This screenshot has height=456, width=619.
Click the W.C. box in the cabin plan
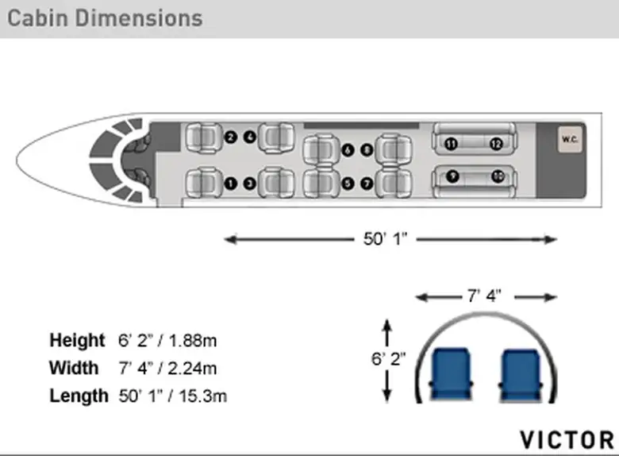pos(570,139)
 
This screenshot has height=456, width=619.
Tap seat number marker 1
pos(231,184)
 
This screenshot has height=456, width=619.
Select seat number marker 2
pos(231,137)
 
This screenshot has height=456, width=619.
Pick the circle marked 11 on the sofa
pos(452,144)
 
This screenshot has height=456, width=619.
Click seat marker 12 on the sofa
pos(497,144)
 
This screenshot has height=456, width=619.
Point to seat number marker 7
pos(367,184)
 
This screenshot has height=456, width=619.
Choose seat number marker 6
pos(348,150)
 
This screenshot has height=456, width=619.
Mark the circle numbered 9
pos(452,176)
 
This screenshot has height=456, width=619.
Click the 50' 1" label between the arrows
pos(385,239)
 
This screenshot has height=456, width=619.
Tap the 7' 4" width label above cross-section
pos(484,296)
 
